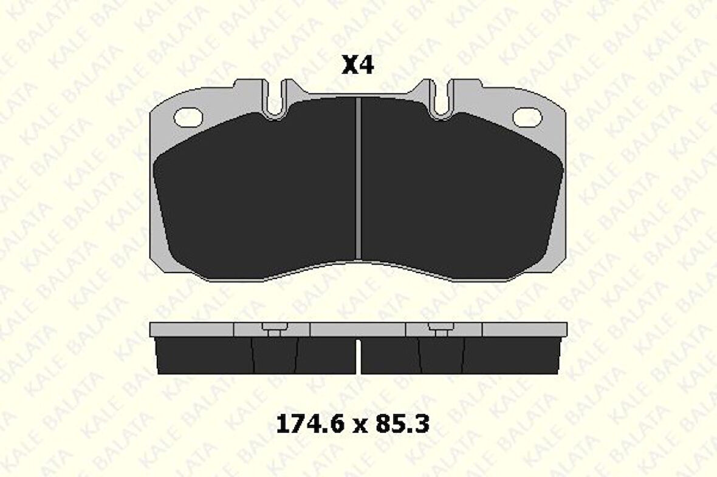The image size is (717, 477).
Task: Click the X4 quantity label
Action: click(x=358, y=66)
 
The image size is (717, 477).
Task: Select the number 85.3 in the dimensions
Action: click(x=402, y=424)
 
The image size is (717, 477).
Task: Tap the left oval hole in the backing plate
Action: click(x=188, y=117)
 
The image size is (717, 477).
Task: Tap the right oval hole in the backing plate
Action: click(x=527, y=117)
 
